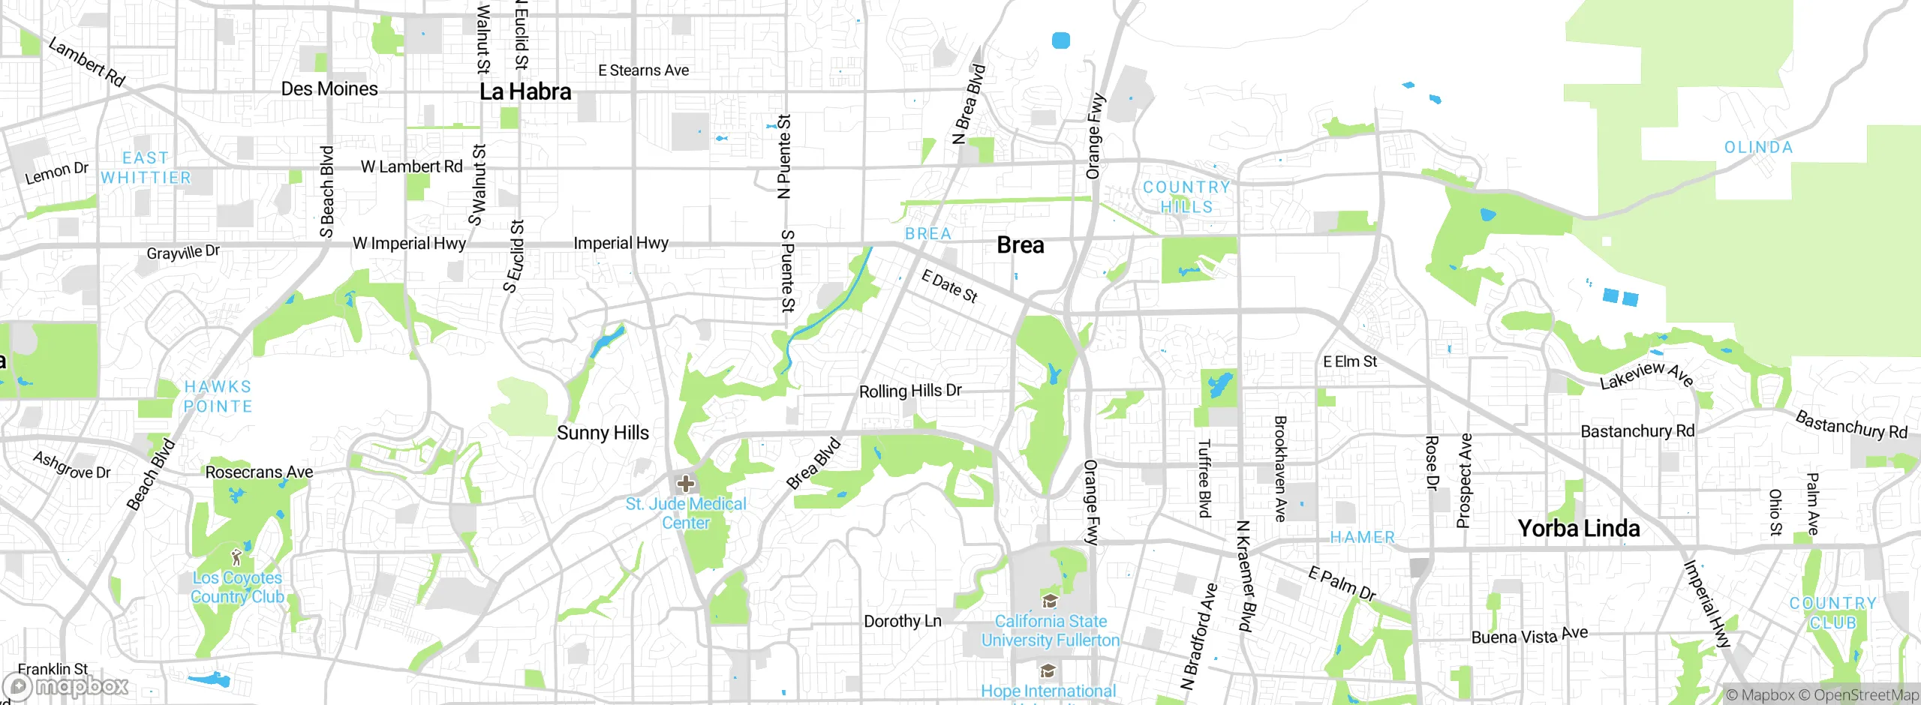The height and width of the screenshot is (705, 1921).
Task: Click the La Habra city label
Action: [525, 91]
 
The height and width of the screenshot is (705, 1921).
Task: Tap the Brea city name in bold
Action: [1020, 245]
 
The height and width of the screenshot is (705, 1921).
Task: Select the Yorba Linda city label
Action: [1578, 528]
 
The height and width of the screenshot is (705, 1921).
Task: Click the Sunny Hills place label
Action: [603, 433]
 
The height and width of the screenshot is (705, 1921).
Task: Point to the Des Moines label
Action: [329, 88]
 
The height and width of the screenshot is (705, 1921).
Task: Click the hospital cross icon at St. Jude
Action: [685, 484]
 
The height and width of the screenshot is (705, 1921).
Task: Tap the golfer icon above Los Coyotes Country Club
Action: [237, 557]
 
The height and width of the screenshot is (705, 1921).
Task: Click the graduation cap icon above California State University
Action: [1050, 601]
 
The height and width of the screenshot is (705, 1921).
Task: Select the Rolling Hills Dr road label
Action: [909, 391]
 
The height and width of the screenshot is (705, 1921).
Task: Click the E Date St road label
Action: [949, 286]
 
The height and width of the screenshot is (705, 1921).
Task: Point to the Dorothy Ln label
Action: [902, 621]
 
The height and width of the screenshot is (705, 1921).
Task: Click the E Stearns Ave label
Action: [643, 70]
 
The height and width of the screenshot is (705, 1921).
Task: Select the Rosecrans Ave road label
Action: [259, 472]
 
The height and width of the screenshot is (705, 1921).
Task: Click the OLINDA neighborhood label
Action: [1758, 148]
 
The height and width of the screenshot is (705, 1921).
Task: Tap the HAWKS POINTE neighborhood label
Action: [218, 396]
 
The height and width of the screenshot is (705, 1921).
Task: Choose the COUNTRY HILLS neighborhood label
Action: [1186, 196]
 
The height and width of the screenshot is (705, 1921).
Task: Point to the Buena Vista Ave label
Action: [1529, 636]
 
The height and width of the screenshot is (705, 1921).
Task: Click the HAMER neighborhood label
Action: [1362, 537]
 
